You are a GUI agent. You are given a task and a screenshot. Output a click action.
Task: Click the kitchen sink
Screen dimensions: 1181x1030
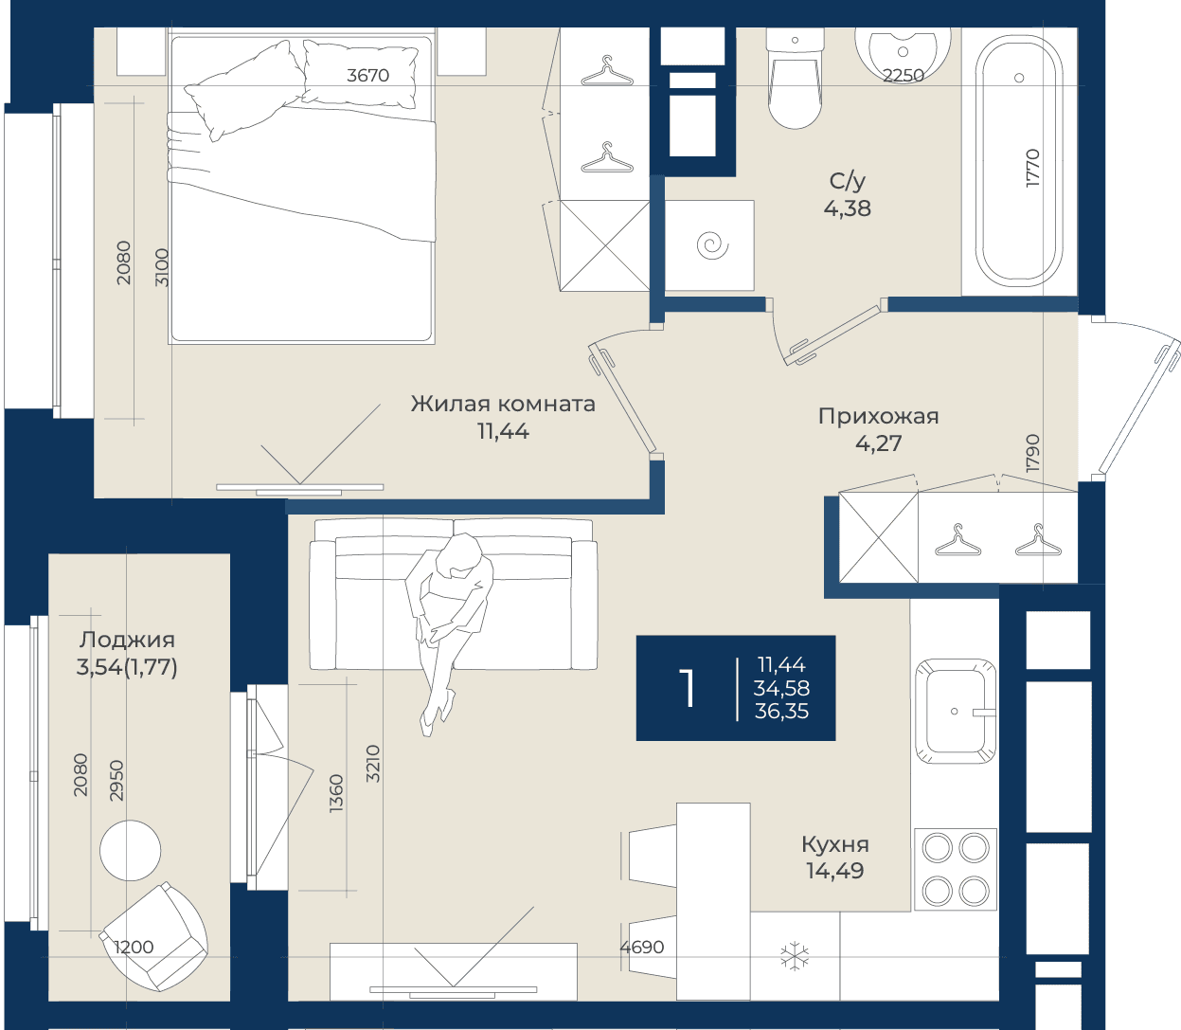tap(956, 711)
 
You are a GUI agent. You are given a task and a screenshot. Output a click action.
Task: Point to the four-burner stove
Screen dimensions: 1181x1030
tap(956, 870)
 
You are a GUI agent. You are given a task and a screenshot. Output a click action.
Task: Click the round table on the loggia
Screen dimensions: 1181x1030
tap(130, 851)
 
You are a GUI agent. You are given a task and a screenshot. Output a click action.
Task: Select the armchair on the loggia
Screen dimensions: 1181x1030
tap(153, 936)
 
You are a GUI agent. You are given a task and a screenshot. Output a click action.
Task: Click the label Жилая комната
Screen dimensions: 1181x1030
tap(503, 404)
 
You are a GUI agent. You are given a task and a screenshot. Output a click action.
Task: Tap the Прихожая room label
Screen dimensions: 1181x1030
tap(879, 416)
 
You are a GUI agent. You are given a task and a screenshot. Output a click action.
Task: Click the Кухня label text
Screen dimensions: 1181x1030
tap(835, 844)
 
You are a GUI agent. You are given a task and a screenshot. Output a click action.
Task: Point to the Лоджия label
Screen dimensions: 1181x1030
tap(127, 640)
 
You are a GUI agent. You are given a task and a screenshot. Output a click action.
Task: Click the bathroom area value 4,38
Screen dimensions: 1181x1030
tap(847, 208)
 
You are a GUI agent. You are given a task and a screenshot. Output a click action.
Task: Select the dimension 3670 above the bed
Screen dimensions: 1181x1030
tap(367, 75)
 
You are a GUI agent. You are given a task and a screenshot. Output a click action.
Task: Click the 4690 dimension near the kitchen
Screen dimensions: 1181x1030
tap(642, 947)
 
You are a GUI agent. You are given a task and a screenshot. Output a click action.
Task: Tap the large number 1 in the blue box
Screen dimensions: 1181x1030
tap(687, 688)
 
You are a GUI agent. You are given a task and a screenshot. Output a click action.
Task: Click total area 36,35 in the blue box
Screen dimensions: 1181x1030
tap(781, 712)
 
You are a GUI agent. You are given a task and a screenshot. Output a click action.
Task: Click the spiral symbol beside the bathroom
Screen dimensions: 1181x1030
tap(711, 244)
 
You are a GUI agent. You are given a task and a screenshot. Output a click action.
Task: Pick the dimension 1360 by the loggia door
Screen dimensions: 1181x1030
tap(336, 793)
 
